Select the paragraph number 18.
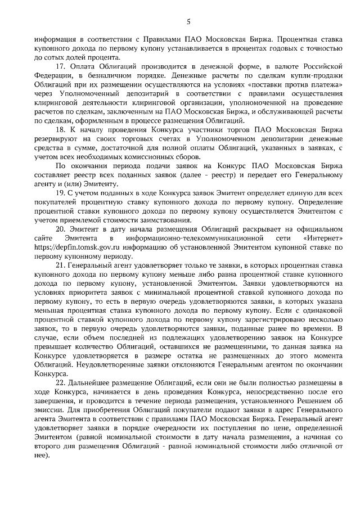[x=60, y=129]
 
